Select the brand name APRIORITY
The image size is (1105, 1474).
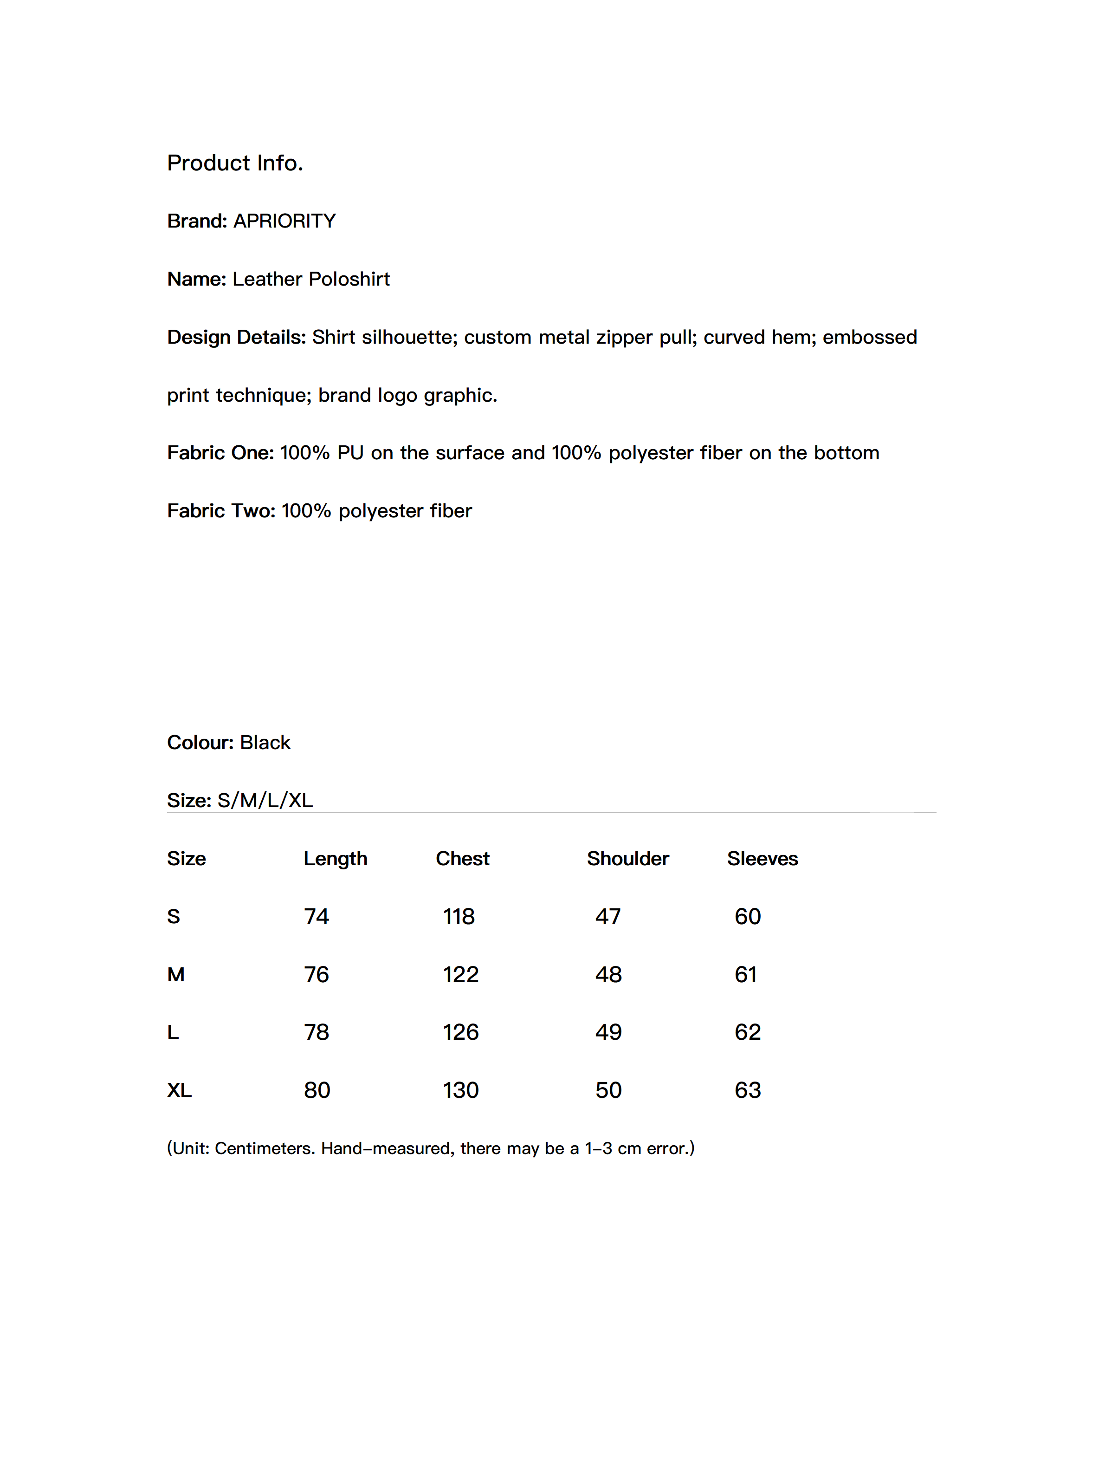(x=284, y=221)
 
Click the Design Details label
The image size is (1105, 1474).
(x=236, y=337)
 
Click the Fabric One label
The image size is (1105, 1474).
(x=220, y=453)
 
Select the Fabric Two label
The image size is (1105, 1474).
(x=221, y=511)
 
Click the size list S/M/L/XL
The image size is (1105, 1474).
(x=265, y=800)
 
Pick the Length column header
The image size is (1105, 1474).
(x=335, y=859)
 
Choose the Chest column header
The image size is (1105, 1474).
(x=462, y=859)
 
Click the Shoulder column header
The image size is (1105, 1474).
(x=627, y=859)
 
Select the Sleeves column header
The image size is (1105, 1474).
(x=762, y=859)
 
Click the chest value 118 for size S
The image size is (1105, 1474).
(x=459, y=917)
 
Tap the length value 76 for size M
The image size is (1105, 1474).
(x=317, y=975)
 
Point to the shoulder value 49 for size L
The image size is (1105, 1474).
(x=608, y=1032)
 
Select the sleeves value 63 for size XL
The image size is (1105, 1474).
(x=747, y=1090)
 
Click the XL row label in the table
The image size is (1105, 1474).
(x=179, y=1090)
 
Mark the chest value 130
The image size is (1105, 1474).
(x=461, y=1090)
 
